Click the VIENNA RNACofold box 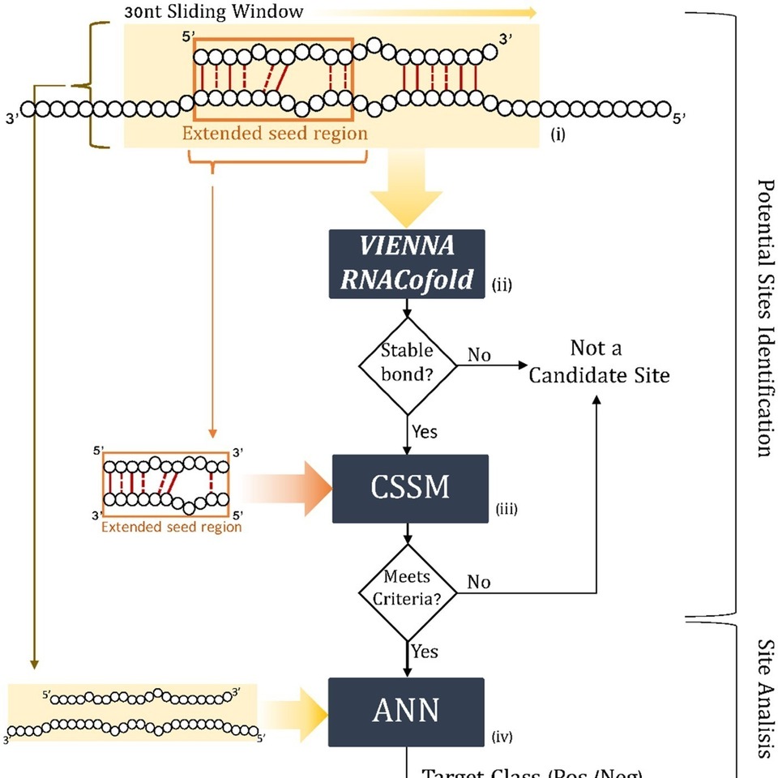tap(406, 263)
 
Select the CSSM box tap(409, 489)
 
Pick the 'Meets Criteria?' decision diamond tap(407, 590)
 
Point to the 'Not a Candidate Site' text tap(599, 361)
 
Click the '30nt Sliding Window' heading tap(214, 12)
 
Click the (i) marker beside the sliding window tap(558, 135)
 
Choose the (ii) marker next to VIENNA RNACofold tap(502, 285)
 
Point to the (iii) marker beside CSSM tap(506, 510)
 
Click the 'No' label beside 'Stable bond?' tap(478, 355)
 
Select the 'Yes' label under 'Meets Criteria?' tap(424, 651)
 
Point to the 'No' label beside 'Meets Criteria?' tap(478, 582)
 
